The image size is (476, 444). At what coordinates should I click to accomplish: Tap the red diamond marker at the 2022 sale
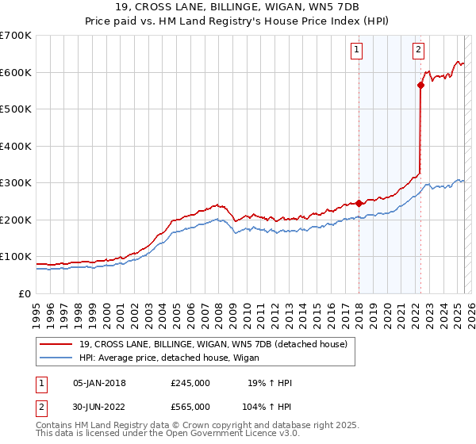[x=420, y=86]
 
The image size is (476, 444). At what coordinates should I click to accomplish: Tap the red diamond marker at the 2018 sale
[x=359, y=203]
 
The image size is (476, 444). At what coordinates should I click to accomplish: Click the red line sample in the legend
[x=57, y=345]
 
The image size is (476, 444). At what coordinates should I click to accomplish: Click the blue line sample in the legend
[x=57, y=358]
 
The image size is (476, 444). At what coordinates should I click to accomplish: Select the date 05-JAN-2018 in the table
[x=99, y=383]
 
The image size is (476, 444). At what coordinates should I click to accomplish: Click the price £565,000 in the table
[x=190, y=406]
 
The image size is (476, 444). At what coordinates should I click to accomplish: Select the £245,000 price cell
[x=190, y=383]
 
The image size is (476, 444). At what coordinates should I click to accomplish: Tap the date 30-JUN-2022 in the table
[x=99, y=406]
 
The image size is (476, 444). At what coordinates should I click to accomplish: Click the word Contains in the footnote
[x=55, y=427]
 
